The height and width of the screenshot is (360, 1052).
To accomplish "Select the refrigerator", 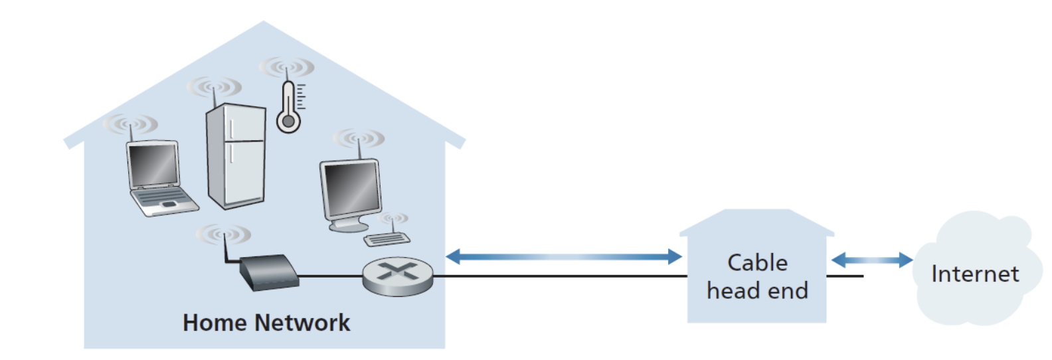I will click(x=236, y=156).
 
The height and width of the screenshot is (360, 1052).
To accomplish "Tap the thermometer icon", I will click(x=288, y=106).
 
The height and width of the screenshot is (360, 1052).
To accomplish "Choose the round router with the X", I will click(x=398, y=275).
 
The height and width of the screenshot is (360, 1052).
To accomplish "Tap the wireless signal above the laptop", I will click(x=131, y=124).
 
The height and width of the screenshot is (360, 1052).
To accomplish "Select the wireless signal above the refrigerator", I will click(x=214, y=87).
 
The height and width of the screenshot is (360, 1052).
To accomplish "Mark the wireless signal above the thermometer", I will click(x=286, y=67).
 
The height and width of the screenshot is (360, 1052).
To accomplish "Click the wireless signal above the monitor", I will click(x=359, y=138).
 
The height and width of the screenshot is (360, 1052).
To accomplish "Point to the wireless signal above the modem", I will click(x=224, y=234).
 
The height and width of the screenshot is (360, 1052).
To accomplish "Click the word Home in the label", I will click(x=214, y=323).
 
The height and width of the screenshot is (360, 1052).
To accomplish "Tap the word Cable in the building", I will click(x=757, y=263).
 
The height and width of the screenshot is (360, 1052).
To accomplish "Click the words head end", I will click(x=757, y=291).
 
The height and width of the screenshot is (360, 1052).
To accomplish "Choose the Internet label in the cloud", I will click(x=974, y=274).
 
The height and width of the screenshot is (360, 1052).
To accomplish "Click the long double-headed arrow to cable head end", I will click(x=563, y=256).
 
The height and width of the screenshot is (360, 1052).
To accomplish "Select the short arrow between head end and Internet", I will click(x=871, y=260).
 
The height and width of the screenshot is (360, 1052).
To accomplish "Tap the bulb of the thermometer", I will click(x=288, y=122).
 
